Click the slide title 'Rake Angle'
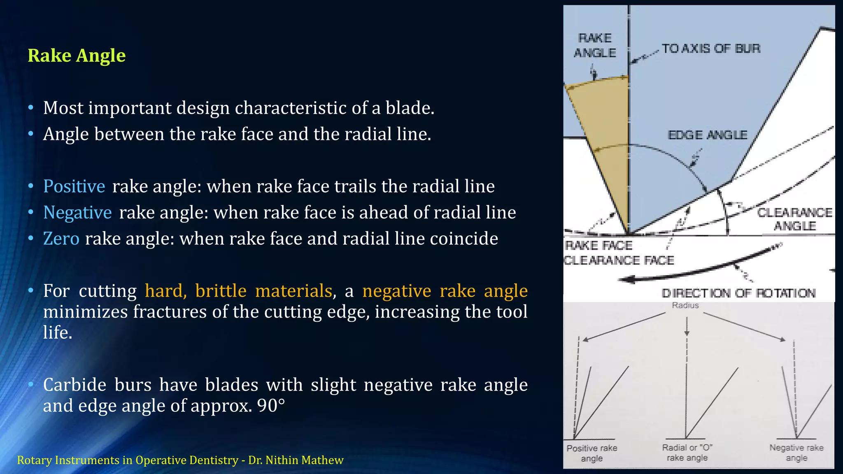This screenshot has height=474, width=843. coord(77,56)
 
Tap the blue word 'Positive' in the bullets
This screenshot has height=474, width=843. coord(74,186)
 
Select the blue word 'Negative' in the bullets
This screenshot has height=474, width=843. coord(77,213)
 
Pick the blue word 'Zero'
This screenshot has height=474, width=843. coord(61,239)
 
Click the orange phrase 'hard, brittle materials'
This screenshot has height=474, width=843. coord(238,291)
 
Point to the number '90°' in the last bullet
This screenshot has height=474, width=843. coord(271,406)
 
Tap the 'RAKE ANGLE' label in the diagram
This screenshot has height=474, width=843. coord(595,45)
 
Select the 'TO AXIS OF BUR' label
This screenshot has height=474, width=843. coord(711,49)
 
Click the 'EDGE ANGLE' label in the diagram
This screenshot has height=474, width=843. coord(707,135)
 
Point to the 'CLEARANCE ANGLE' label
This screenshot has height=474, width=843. coord(794,219)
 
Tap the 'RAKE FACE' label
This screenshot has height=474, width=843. coord(599,246)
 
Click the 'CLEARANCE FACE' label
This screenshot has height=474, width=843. coord(619,260)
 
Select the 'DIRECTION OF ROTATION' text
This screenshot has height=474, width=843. coord(738,293)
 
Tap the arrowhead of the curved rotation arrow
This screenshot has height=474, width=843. coord(626,280)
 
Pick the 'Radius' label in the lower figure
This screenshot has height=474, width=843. coord(685,305)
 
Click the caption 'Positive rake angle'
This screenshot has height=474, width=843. coord(592,453)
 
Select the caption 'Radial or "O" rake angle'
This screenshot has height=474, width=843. coord(687,453)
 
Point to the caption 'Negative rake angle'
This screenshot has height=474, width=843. coord(796,453)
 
